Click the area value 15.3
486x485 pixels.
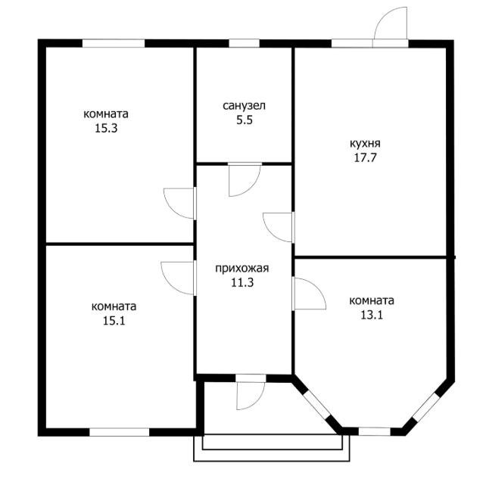pyautogui.click(x=106, y=128)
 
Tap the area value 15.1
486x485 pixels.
pyautogui.click(x=114, y=321)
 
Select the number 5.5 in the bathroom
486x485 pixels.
pyautogui.click(x=245, y=120)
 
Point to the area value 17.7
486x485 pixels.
pyautogui.click(x=365, y=157)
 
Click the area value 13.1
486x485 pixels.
pyautogui.click(x=372, y=315)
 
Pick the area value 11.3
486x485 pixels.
pyautogui.click(x=242, y=282)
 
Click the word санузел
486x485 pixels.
pyautogui.click(x=245, y=106)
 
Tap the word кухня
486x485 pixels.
pyautogui.click(x=365, y=144)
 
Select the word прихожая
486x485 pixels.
pyautogui.click(x=242, y=268)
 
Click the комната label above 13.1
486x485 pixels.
pyautogui.click(x=372, y=300)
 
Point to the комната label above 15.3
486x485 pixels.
pyautogui.click(x=106, y=114)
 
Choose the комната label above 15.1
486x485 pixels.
pyautogui.click(x=114, y=306)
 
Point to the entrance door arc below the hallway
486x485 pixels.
pyautogui.click(x=257, y=402)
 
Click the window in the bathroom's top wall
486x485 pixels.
pyautogui.click(x=244, y=43)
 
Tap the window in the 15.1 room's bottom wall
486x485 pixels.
pyautogui.click(x=120, y=432)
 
